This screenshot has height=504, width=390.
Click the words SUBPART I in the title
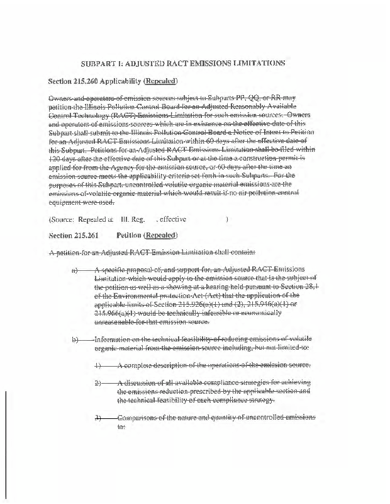[x=101, y=63]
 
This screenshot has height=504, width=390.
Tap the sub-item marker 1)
[x=97, y=366]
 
